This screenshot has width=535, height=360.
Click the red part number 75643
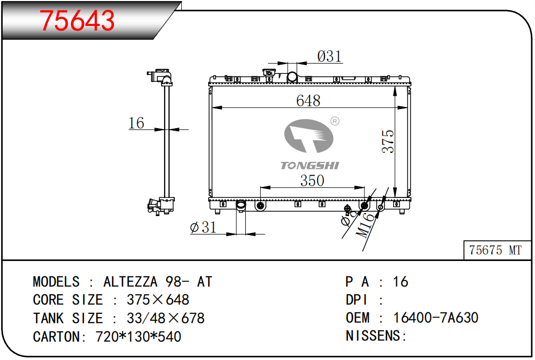click(x=77, y=21)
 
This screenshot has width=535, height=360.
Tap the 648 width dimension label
click(x=308, y=101)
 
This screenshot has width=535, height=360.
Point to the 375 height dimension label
click(x=388, y=141)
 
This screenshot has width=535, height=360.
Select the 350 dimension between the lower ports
click(x=312, y=181)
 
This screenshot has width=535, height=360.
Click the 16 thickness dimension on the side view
click(x=136, y=123)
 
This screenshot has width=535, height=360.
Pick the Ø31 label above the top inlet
click(x=329, y=56)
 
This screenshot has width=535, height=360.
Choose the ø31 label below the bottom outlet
click(x=203, y=227)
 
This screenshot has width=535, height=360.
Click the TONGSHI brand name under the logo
click(x=309, y=166)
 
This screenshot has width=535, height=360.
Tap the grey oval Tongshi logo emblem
click(x=308, y=136)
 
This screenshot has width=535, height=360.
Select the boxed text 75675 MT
click(x=495, y=250)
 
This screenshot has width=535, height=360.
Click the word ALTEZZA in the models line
click(x=130, y=282)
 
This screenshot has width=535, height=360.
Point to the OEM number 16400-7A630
click(x=436, y=318)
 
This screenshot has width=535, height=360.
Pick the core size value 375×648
click(x=158, y=300)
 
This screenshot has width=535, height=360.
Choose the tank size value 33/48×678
click(x=165, y=318)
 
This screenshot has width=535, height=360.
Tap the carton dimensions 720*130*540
click(x=138, y=337)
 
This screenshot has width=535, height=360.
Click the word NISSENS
click(x=373, y=336)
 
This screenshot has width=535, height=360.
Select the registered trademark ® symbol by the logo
click(x=335, y=121)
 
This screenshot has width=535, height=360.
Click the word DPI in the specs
click(x=356, y=300)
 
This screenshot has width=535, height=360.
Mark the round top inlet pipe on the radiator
click(x=292, y=77)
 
